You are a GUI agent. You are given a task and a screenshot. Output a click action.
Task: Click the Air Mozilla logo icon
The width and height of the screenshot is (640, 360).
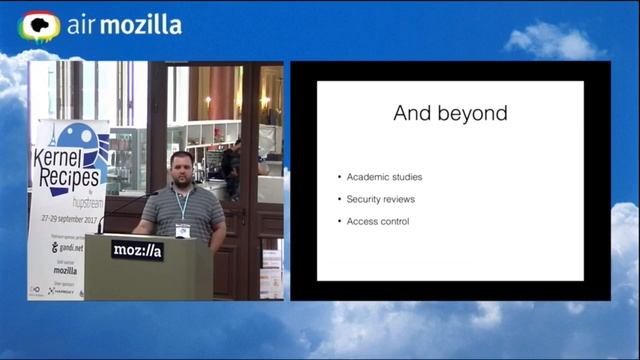(x=40, y=26)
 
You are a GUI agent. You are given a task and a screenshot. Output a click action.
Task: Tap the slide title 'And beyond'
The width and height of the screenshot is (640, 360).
(x=450, y=113)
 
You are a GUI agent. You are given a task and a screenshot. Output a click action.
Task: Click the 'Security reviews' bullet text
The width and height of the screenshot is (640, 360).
(x=381, y=199)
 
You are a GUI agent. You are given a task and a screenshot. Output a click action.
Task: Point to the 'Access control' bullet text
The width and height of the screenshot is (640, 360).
(x=378, y=221)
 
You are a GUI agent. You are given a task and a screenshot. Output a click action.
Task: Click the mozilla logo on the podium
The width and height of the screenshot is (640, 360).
(x=137, y=250)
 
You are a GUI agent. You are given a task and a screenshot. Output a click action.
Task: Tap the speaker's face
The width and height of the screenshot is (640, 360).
(x=180, y=168)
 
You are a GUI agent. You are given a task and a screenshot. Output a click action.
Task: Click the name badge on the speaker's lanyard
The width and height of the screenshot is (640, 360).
(x=183, y=230)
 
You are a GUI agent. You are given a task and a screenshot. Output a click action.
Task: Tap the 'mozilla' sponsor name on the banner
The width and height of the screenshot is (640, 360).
(x=65, y=270)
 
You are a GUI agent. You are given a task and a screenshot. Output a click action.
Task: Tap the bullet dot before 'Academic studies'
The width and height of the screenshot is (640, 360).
(x=340, y=178)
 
